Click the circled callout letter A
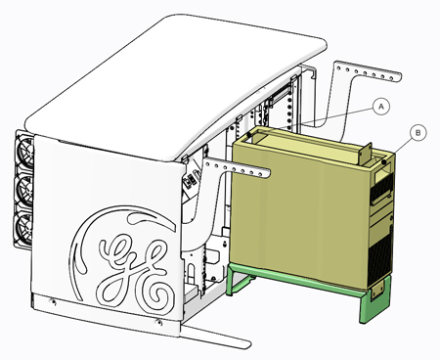(x=381, y=106)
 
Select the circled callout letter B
(x=418, y=133)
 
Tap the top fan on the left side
(x=26, y=151)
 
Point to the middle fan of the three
(x=26, y=189)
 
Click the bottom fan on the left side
(x=25, y=227)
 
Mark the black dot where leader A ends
(x=249, y=134)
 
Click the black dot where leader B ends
(x=384, y=161)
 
